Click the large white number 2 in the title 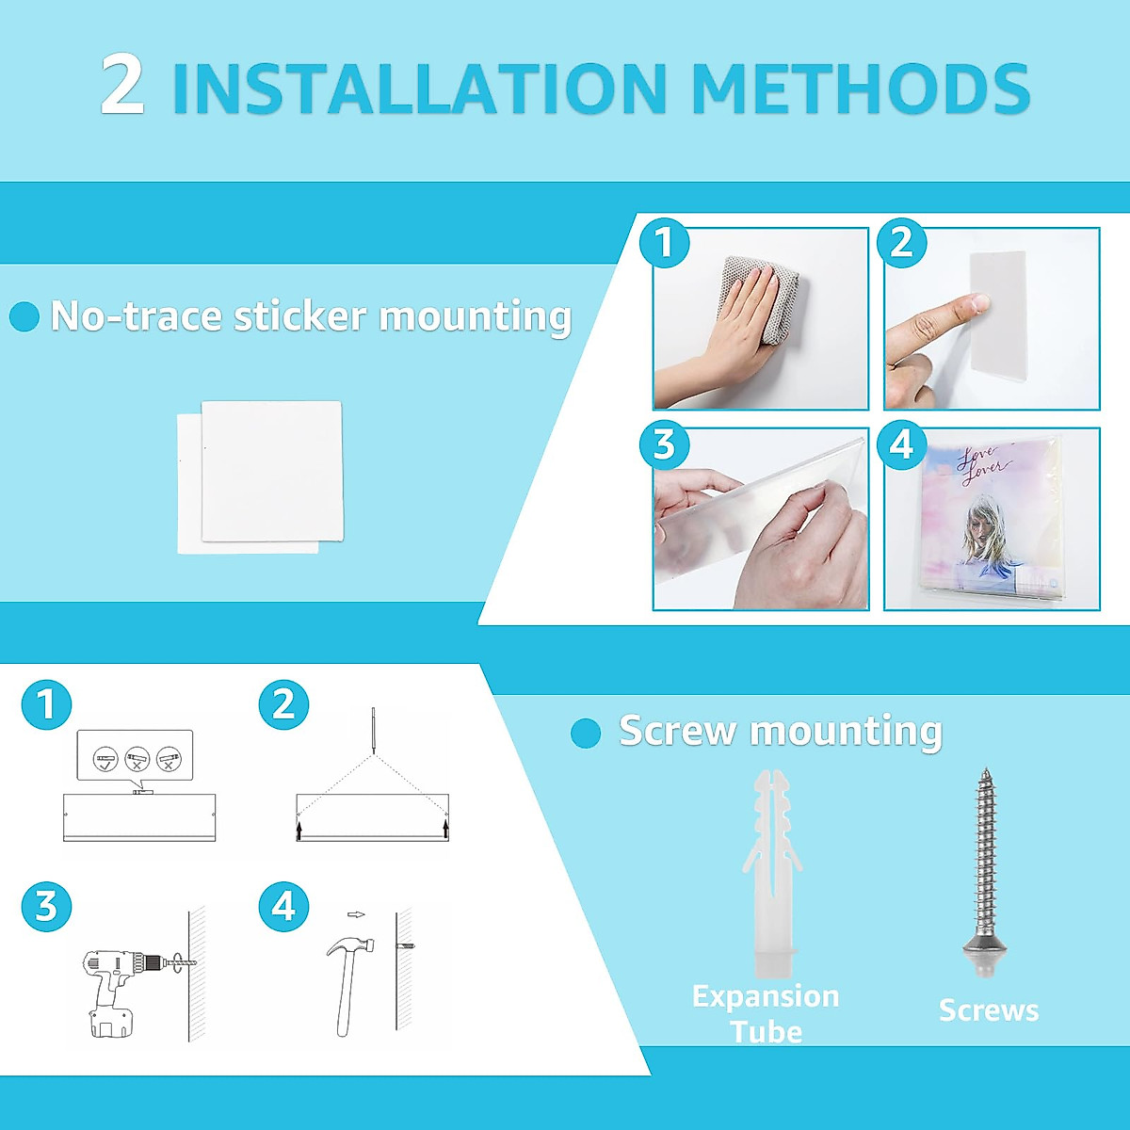coord(122,86)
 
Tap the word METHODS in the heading coord(861,87)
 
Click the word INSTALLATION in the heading coord(419,87)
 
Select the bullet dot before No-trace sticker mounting coord(24,316)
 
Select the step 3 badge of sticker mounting coord(664,444)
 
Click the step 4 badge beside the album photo coord(901,444)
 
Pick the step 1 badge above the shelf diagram coord(46,704)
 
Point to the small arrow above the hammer coord(356,914)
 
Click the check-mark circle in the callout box coord(105,759)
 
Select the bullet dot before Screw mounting coord(585,733)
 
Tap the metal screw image coord(986,872)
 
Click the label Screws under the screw coord(989,1010)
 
